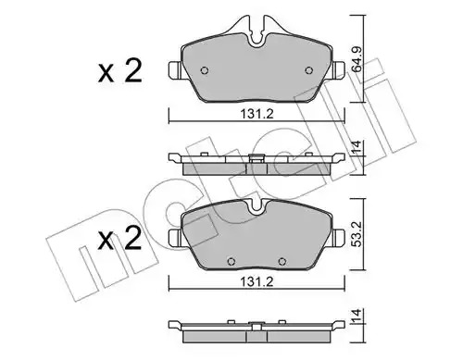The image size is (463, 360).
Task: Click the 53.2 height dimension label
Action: [357, 234]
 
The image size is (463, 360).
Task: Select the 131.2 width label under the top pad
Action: [257, 115]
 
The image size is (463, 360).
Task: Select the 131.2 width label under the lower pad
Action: [257, 282]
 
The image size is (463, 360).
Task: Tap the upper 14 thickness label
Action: [357, 147]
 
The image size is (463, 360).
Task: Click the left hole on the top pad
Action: [205, 70]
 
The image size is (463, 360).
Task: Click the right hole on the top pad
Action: [308, 70]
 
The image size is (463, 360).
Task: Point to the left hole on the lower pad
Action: [231, 262]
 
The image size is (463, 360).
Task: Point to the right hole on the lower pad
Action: [282, 262]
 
